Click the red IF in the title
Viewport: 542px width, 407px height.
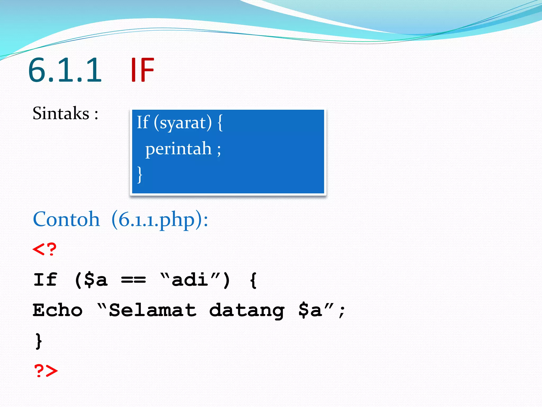tap(142, 70)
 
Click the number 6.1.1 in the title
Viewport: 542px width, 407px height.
tap(65, 70)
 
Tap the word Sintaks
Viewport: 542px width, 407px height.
tap(61, 113)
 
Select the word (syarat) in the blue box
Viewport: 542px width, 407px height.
tap(183, 123)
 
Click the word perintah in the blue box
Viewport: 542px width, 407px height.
tap(179, 149)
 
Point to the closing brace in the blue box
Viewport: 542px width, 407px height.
tap(140, 174)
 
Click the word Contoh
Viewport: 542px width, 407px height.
tap(66, 219)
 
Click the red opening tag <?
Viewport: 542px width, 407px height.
tap(44, 249)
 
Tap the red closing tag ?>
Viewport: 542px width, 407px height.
tap(46, 370)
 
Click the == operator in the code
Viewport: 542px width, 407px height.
tap(133, 280)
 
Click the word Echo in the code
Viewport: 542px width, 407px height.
tap(57, 310)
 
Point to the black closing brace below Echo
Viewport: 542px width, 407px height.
tap(39, 341)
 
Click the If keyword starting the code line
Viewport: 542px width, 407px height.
tap(45, 280)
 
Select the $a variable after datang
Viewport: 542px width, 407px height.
tap(310, 310)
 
